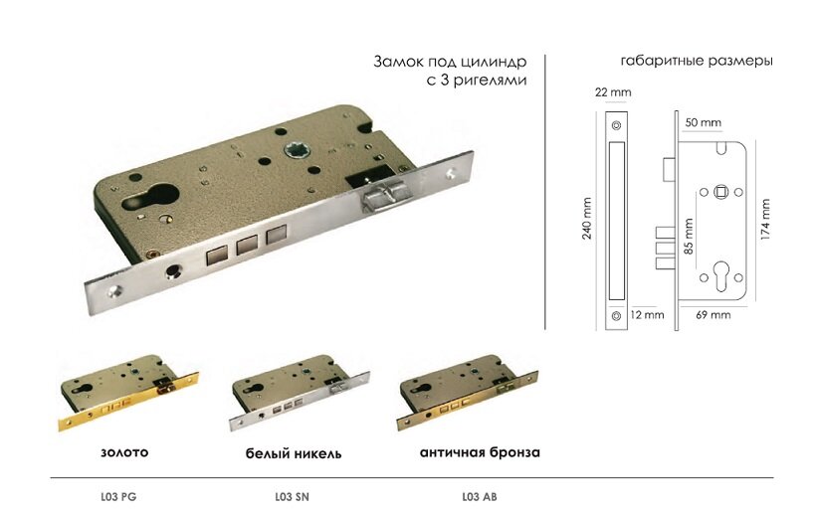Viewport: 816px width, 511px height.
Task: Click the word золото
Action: click(124, 452)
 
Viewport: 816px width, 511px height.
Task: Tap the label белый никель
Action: click(294, 453)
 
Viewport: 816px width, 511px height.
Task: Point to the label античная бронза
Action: click(480, 452)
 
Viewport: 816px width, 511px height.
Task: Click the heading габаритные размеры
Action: click(697, 61)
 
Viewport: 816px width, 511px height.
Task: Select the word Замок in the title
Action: click(397, 61)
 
